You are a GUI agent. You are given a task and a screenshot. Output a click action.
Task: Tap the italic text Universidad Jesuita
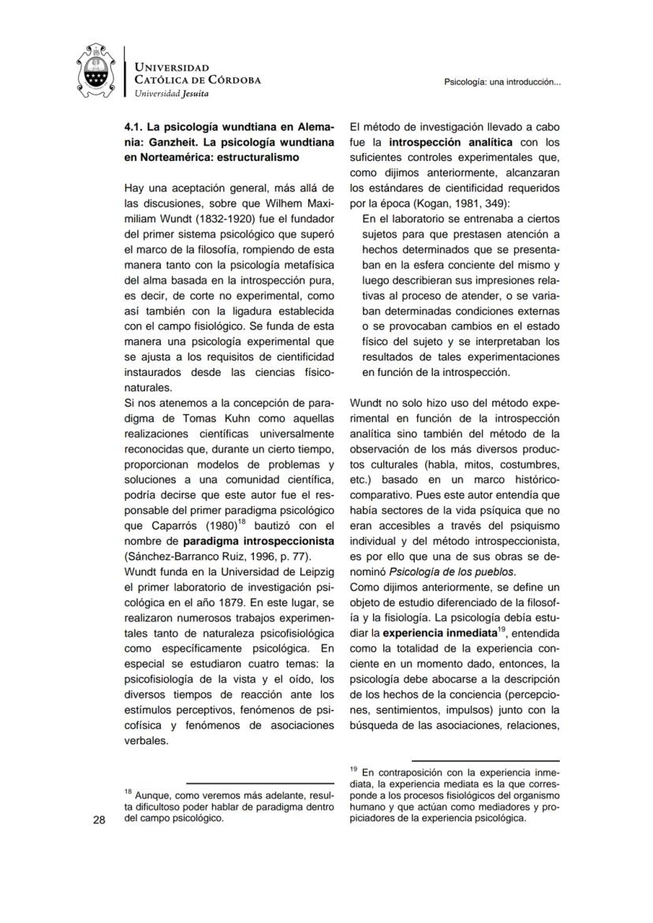[172, 93]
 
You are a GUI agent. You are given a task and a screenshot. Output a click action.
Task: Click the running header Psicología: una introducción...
[502, 81]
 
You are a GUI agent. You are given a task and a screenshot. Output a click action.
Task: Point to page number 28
[99, 820]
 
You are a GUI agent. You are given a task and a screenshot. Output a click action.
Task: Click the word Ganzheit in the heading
[184, 141]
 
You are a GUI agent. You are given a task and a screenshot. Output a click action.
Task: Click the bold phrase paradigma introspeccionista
[259, 542]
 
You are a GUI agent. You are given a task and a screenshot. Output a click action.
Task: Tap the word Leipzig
[313, 571]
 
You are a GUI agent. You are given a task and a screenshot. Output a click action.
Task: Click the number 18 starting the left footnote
[128, 791]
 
